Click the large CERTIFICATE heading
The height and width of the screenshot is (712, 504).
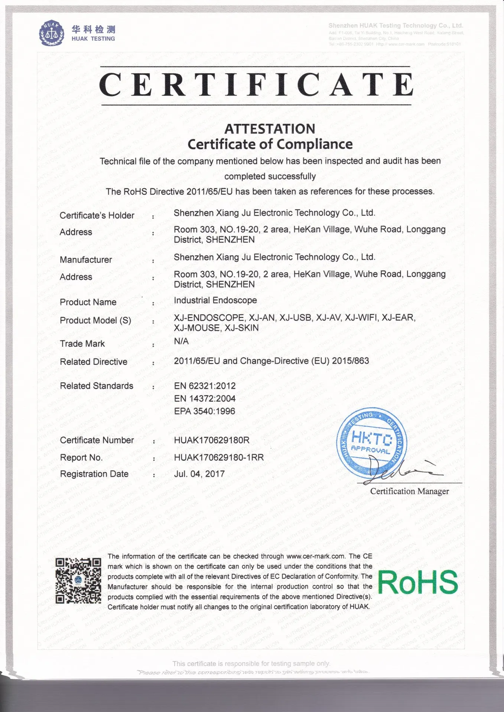tap(256, 85)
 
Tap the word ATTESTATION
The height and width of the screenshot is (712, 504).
tap(270, 129)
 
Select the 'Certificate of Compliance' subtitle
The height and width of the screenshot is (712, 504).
tap(270, 144)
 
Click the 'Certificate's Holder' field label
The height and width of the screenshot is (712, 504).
tap(97, 215)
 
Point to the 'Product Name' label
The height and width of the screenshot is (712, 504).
tap(88, 302)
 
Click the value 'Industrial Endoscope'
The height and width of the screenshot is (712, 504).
tap(215, 300)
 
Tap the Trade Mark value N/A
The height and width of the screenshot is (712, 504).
tap(181, 341)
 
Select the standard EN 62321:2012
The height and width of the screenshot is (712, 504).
tap(205, 386)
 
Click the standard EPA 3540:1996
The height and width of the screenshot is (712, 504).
tap(205, 411)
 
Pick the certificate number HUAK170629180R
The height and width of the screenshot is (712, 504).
tap(212, 440)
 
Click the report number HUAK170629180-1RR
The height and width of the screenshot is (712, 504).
tap(219, 457)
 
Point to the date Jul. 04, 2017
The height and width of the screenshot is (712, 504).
tap(199, 474)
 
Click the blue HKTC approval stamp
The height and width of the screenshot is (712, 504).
tap(371, 443)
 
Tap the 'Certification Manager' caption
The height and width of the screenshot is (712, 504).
tap(409, 491)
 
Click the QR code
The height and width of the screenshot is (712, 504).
tap(78, 581)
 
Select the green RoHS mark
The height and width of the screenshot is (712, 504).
tap(418, 582)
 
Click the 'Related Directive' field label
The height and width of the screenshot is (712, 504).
tap(94, 362)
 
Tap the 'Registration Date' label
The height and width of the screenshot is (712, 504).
tap(94, 474)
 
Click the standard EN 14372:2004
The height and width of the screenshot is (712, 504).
tap(205, 399)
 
